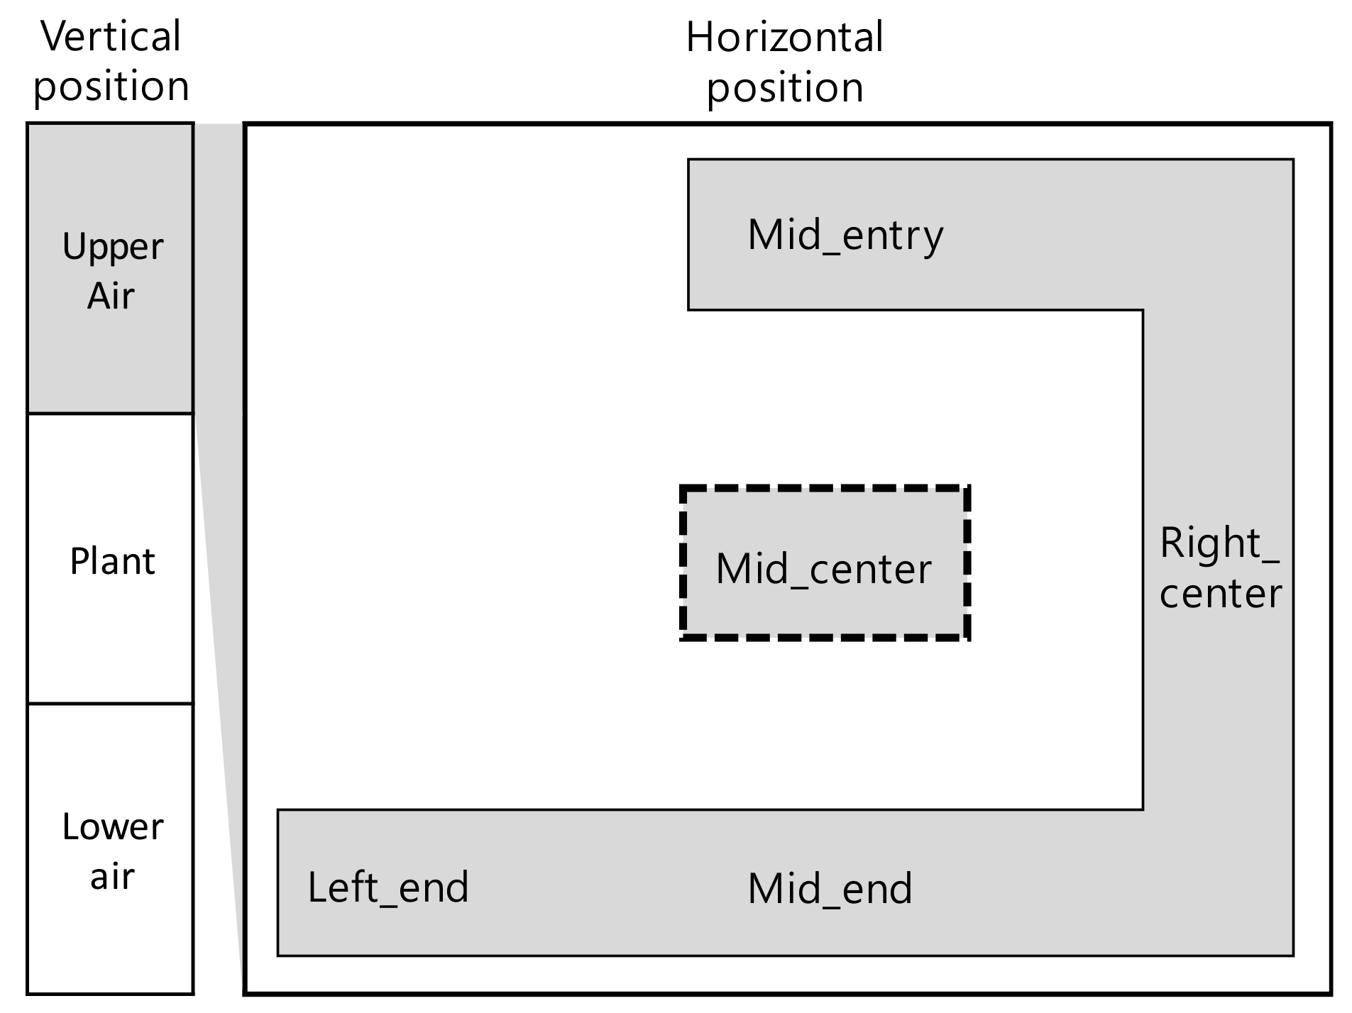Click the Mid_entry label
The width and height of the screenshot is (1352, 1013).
pyautogui.click(x=845, y=236)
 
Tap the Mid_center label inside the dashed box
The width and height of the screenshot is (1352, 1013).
pyautogui.click(x=823, y=569)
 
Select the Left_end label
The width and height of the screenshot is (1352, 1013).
pyautogui.click(x=388, y=887)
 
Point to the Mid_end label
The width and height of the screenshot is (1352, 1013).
pyautogui.click(x=830, y=889)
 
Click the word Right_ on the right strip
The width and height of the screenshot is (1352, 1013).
pyautogui.click(x=1219, y=544)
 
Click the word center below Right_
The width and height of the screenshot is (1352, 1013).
pyautogui.click(x=1220, y=593)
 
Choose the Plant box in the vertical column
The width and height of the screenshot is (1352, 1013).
pyautogui.click(x=111, y=561)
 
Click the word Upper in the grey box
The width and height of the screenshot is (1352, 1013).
pyautogui.click(x=112, y=248)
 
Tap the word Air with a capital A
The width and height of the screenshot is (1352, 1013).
pyautogui.click(x=111, y=296)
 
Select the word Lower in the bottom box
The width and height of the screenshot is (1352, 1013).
pyautogui.click(x=112, y=827)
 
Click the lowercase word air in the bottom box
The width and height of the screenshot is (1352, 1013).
pyautogui.click(x=112, y=877)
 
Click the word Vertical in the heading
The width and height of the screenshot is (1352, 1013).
pyautogui.click(x=111, y=37)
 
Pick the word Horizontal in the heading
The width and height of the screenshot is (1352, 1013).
pyautogui.click(x=784, y=38)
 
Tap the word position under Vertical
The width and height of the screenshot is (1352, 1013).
pyautogui.click(x=111, y=87)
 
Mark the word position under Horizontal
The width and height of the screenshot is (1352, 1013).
pyautogui.click(x=784, y=88)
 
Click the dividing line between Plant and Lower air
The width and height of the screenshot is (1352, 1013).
pyautogui.click(x=111, y=704)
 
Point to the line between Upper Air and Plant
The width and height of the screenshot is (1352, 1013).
pyautogui.click(x=111, y=414)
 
